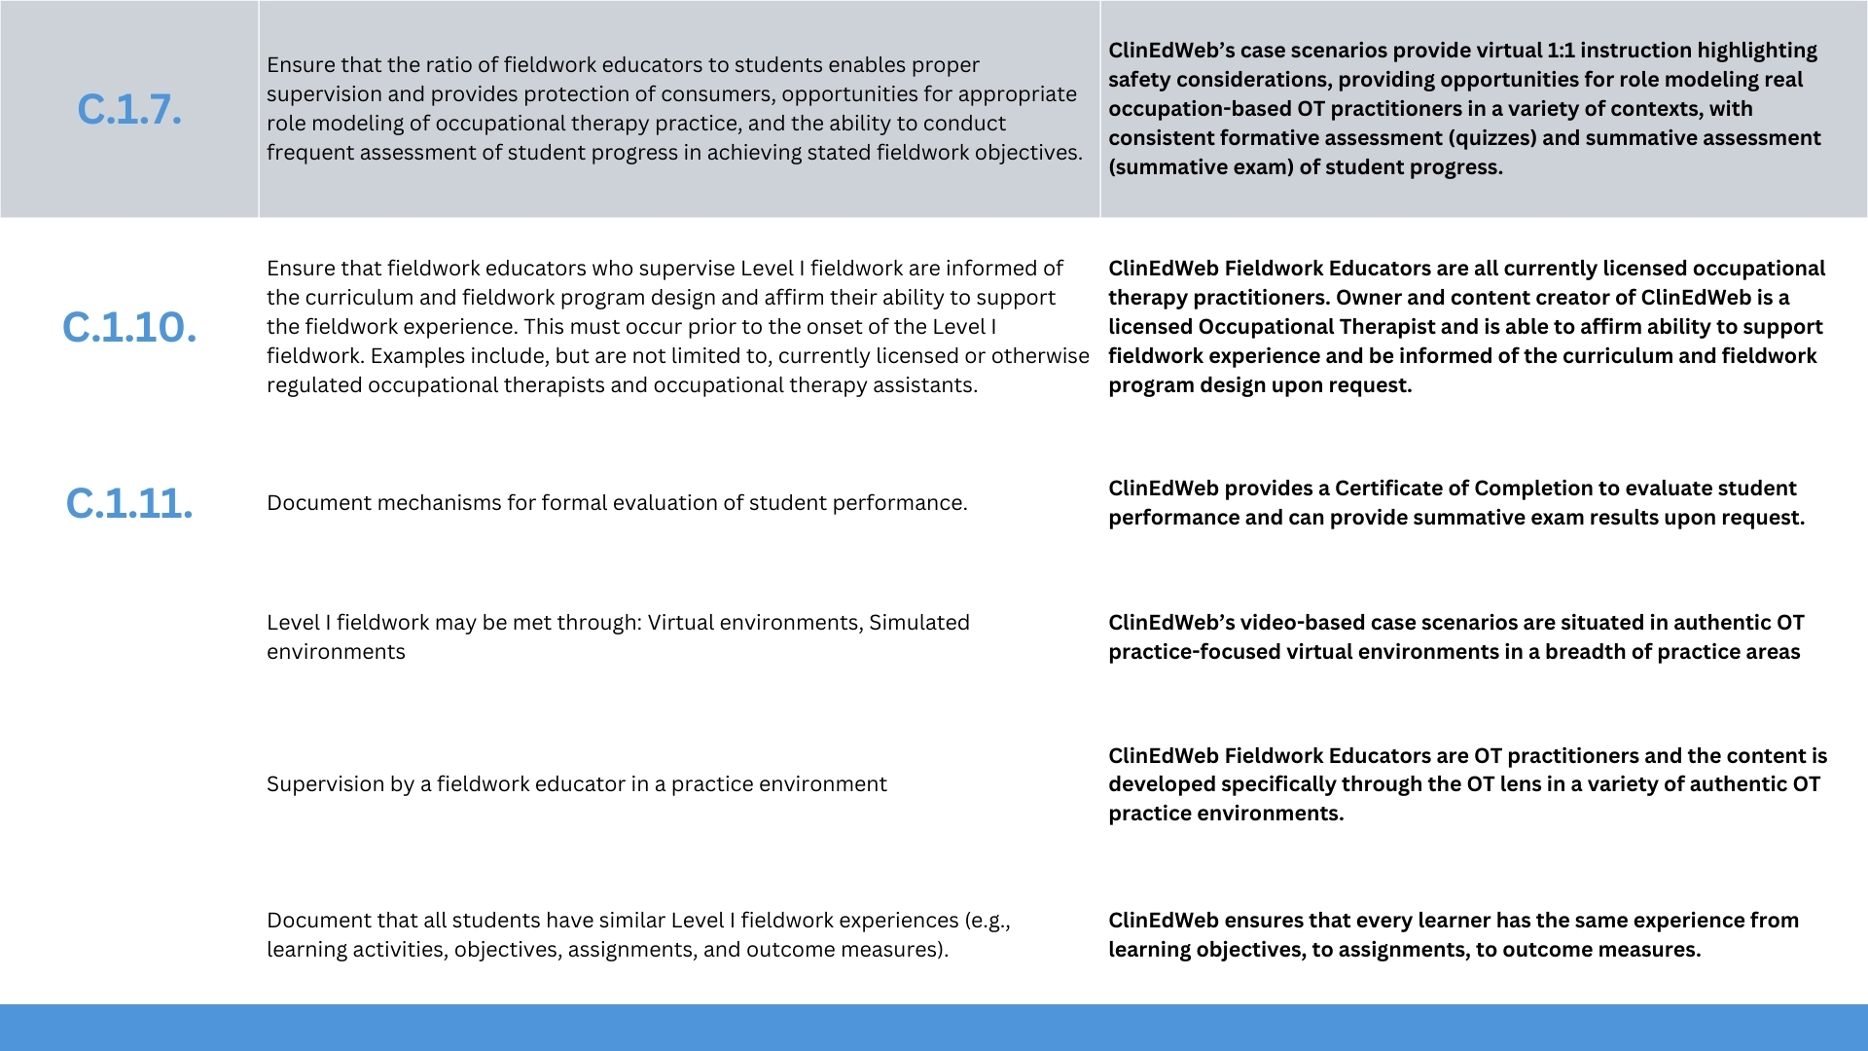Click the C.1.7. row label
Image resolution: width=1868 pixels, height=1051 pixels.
tap(129, 110)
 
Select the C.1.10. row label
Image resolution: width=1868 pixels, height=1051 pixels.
tap(129, 328)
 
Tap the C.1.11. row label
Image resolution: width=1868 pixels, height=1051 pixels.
tap(129, 504)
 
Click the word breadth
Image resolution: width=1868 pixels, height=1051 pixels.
tap(1581, 652)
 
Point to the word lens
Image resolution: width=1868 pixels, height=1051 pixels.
tap(1523, 784)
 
